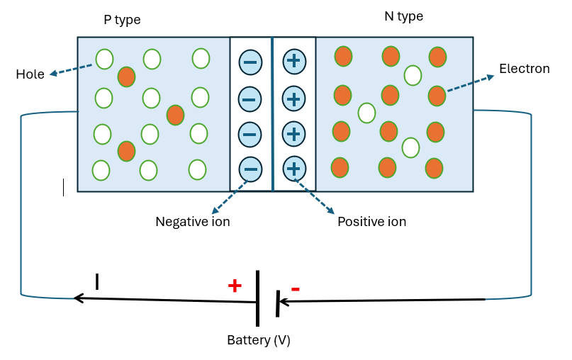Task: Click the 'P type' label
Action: [122, 20]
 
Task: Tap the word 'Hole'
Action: [30, 74]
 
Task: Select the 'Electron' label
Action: [524, 69]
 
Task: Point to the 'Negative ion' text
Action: [192, 222]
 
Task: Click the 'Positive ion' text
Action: [371, 222]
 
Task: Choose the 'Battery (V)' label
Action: [259, 340]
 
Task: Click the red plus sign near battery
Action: [235, 286]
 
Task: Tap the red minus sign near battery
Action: [295, 288]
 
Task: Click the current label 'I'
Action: [97, 282]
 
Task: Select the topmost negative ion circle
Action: [250, 62]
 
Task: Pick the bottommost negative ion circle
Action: [250, 169]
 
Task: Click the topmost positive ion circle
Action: [294, 61]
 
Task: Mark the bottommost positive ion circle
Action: [294, 169]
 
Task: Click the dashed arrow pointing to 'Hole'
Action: [71, 70]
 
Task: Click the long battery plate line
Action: [257, 297]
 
